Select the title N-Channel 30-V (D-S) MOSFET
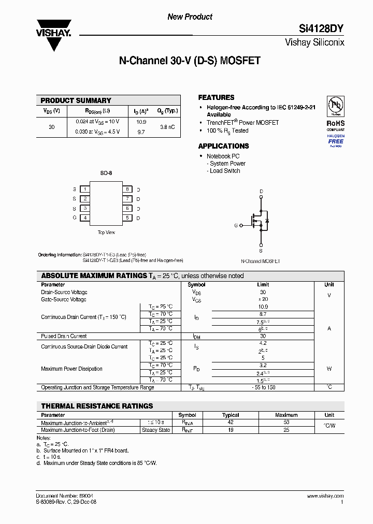(x=190, y=61)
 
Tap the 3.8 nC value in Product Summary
(x=167, y=127)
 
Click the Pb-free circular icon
(x=335, y=107)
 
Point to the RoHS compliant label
(x=335, y=126)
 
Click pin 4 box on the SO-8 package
(x=84, y=218)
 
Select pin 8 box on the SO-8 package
(x=127, y=190)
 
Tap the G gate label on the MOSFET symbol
(x=236, y=225)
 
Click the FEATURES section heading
(x=216, y=97)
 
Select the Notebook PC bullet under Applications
(x=223, y=156)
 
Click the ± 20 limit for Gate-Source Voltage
(x=263, y=299)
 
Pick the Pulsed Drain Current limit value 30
(x=263, y=336)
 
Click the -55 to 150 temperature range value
(x=263, y=387)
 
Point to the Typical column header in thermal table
(x=231, y=415)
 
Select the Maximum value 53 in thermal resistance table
(x=286, y=423)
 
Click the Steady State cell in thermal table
(x=156, y=430)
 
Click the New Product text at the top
(x=190, y=17)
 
